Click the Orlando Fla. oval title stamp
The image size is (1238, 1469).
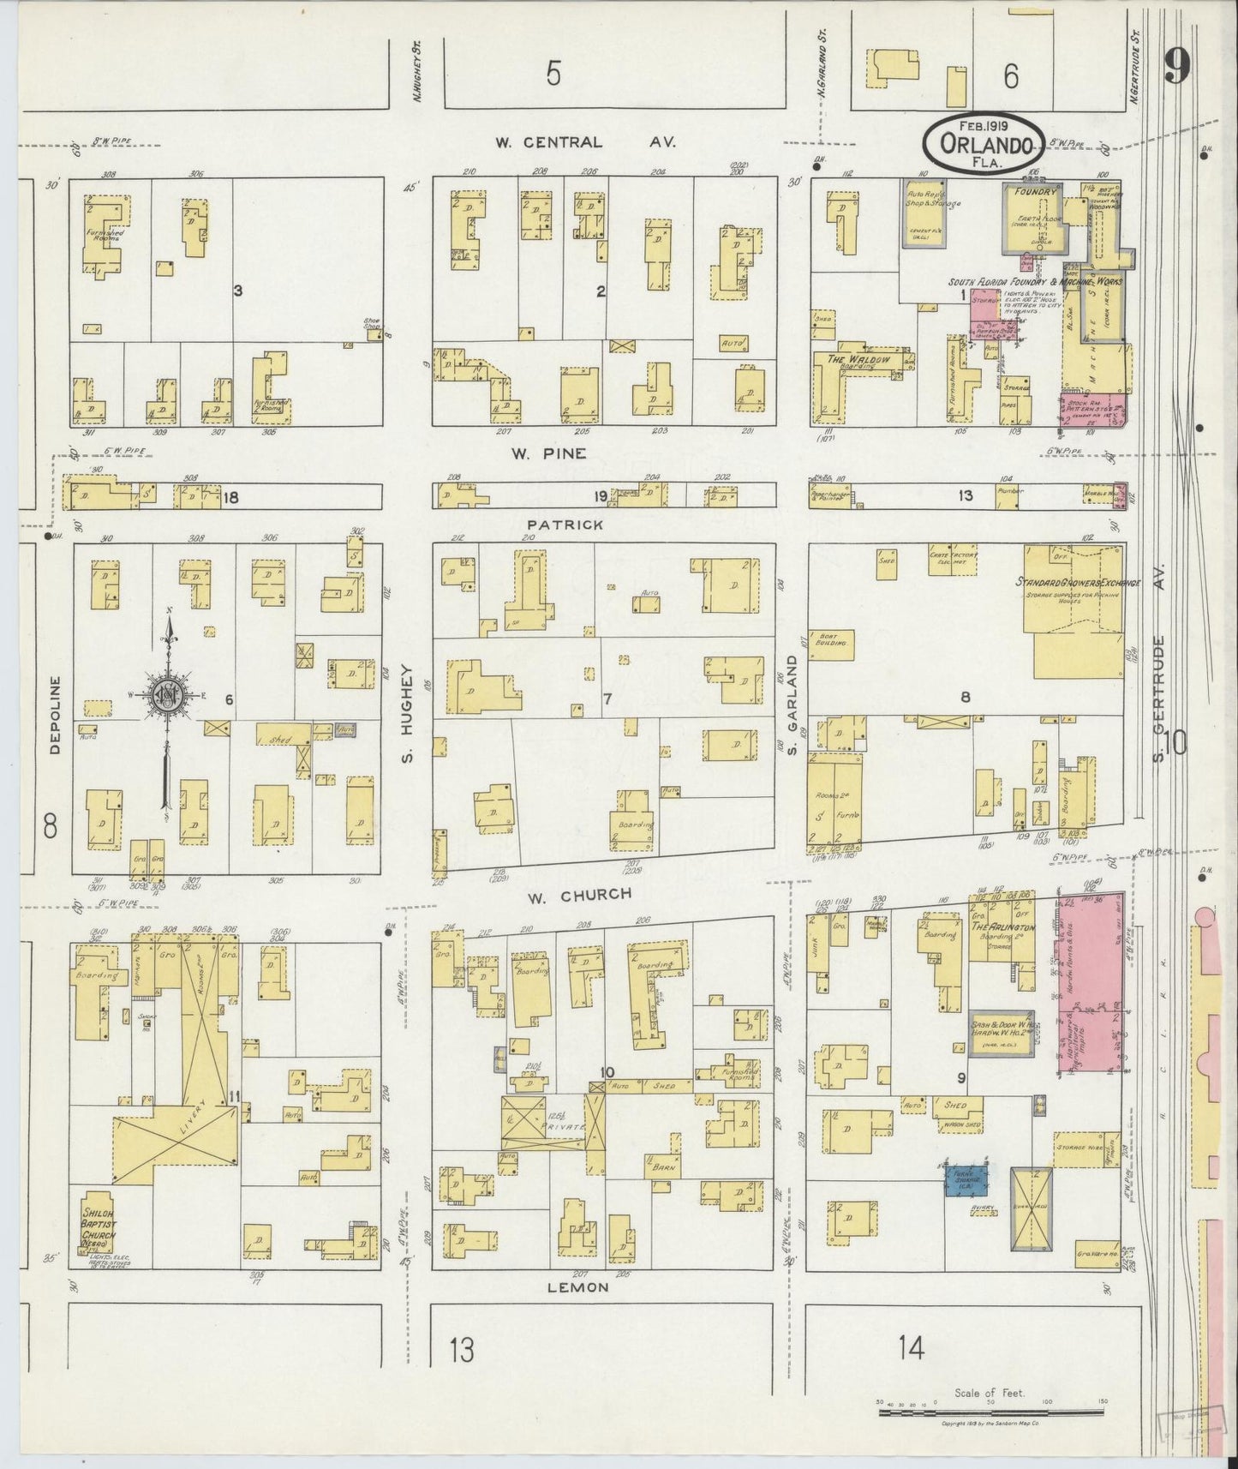click(x=983, y=143)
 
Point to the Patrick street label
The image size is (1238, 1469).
click(x=565, y=524)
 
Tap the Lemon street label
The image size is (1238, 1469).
click(x=585, y=1286)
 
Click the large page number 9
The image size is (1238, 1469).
click(x=1178, y=66)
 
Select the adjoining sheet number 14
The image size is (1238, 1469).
click(x=912, y=1349)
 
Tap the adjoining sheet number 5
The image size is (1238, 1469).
click(x=553, y=75)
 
